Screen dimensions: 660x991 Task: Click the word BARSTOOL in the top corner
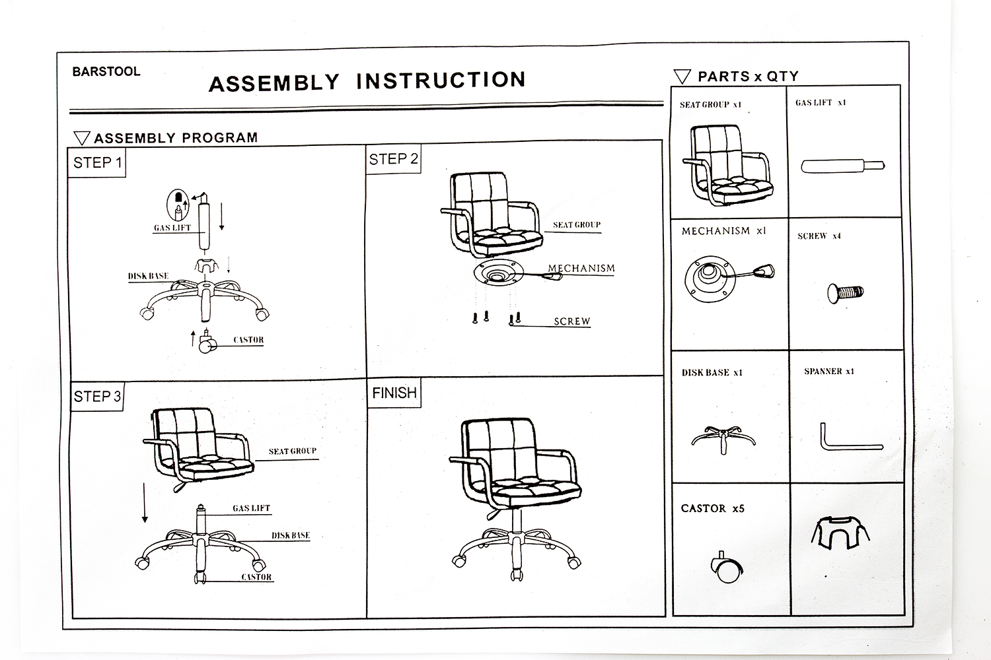point(106,72)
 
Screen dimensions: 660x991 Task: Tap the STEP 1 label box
point(97,162)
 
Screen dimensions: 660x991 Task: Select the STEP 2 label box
point(393,160)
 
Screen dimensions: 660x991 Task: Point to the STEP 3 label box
point(97,396)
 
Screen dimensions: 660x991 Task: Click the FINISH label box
point(394,393)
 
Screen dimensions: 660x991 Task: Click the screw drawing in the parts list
point(845,292)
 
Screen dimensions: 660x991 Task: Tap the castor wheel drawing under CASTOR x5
point(726,567)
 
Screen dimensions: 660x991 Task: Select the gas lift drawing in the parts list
point(842,166)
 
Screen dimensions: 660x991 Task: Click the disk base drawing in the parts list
point(723,438)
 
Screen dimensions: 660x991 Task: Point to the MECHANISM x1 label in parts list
point(723,231)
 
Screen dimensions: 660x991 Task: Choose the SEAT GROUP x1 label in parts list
point(710,104)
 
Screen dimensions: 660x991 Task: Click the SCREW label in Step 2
point(571,321)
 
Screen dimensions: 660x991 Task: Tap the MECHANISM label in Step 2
point(581,269)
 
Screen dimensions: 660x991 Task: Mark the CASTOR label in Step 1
point(248,341)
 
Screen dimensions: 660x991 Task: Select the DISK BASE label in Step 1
point(148,277)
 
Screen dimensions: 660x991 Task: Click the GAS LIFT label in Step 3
point(251,508)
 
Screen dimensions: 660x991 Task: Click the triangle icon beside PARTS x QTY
point(682,77)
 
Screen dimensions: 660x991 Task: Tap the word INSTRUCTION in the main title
point(441,81)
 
